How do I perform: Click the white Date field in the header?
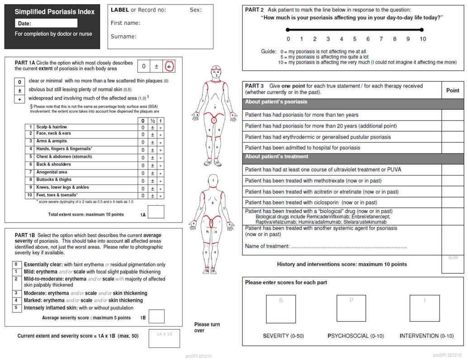46,24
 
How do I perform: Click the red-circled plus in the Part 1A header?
169,66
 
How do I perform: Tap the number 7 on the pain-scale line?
381,39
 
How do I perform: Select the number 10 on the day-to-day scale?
422,39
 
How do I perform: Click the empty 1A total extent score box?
156,212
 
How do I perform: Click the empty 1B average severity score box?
156,316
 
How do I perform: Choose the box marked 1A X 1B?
164,338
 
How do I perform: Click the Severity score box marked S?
281,308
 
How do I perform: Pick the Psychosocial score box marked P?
351,308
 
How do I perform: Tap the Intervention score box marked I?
425,308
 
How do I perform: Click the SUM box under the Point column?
453,264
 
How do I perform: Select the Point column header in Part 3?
453,90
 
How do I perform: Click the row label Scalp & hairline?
52,127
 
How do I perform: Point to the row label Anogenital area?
52,172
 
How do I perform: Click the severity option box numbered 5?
16,308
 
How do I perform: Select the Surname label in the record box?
123,37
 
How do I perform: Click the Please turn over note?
207,327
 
